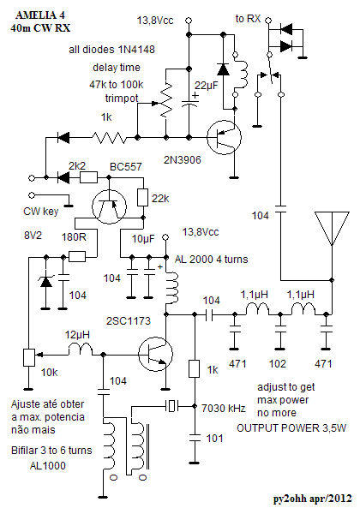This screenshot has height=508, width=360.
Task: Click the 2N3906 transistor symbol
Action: [225, 137]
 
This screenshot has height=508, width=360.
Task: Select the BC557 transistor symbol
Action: [109, 206]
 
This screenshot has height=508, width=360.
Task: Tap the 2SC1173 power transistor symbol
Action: [155, 354]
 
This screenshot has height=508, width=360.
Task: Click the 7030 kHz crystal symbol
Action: [172, 405]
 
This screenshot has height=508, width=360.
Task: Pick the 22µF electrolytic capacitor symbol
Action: [189, 102]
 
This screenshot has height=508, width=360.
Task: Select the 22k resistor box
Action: [143, 197]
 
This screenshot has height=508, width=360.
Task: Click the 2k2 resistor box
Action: [89, 177]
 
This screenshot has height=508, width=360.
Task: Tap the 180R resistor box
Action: [77, 257]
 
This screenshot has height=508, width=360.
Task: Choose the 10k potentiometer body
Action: [29, 357]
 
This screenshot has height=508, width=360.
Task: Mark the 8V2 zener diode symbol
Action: [45, 281]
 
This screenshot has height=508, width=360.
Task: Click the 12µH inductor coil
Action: [81, 350]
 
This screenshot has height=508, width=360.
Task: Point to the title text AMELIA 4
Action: [40, 15]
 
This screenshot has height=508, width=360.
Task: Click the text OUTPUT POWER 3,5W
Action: [291, 428]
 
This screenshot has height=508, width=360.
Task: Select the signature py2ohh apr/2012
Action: [312, 498]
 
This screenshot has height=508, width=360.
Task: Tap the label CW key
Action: [41, 212]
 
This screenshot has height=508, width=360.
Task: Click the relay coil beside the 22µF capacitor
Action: [240, 74]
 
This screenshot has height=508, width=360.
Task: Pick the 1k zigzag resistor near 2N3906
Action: [109, 138]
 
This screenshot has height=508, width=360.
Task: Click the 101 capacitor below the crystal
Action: [195, 438]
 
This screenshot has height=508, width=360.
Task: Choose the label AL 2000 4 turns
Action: [211, 260]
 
